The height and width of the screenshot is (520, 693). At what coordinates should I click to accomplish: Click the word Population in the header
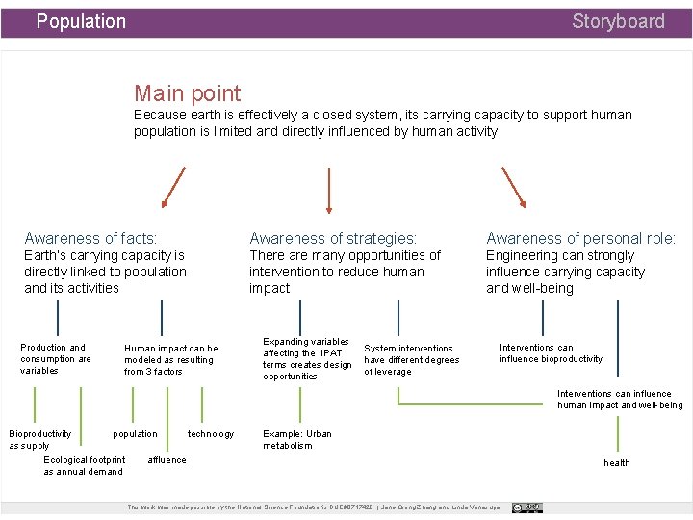tap(81, 21)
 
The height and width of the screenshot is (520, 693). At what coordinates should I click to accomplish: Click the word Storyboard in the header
tap(618, 21)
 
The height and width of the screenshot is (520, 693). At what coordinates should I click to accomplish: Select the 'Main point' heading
tap(188, 93)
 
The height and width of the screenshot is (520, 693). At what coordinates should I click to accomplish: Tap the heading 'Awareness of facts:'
tap(90, 238)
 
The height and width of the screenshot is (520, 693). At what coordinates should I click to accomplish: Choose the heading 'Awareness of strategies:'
tap(333, 238)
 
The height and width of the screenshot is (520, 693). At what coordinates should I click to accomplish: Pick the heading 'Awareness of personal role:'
tap(580, 238)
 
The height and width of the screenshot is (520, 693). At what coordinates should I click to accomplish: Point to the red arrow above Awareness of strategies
tap(330, 189)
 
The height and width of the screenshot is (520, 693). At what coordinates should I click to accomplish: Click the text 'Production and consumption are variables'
tap(56, 358)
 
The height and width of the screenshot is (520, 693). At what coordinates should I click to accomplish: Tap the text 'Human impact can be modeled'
tap(170, 359)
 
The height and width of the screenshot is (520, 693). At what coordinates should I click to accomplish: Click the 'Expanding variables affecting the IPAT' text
tap(307, 358)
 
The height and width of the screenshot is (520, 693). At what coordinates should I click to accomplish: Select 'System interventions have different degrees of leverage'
tap(411, 359)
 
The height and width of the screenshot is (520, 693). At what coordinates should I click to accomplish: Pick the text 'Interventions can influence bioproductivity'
tap(551, 353)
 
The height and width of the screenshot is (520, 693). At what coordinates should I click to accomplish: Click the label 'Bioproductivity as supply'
tap(39, 440)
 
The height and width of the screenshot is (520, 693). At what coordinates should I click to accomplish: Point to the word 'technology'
tap(211, 434)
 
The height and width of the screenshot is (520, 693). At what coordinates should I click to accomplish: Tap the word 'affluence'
tap(167, 460)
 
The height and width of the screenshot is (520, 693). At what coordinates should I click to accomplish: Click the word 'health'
tap(617, 463)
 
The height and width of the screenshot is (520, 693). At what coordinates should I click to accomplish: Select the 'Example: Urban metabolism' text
tap(297, 439)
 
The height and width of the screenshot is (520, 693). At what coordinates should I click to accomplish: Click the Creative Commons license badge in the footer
tap(527, 507)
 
